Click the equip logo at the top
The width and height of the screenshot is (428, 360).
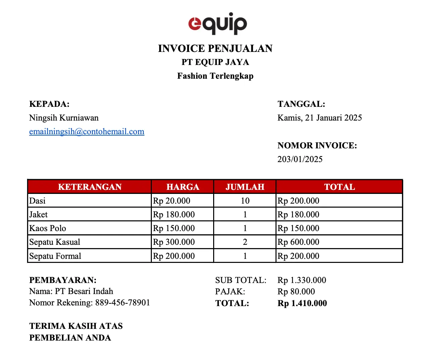pos(218,23)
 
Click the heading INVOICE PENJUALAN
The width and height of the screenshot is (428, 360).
pos(215,49)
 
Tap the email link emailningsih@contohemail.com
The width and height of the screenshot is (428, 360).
pos(86,132)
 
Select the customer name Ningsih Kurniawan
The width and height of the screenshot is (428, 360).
pos(64,118)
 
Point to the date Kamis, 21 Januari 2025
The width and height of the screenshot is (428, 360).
pos(319,118)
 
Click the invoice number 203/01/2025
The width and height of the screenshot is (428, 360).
pos(300,159)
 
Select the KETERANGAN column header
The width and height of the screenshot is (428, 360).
pos(89,187)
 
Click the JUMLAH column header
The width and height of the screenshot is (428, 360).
pos(245,187)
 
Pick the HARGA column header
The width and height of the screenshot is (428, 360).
pos(183,187)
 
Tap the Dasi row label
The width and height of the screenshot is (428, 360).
pos(37,201)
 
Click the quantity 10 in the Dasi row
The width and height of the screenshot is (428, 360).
pos(245,201)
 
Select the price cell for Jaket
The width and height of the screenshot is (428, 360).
pos(174,215)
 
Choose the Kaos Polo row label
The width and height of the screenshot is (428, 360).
pos(48,228)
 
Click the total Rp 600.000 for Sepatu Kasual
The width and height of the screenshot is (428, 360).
pos(298,242)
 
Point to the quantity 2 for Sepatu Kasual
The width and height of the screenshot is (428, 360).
pos(245,242)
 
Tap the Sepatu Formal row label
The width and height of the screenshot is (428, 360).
pos(55,256)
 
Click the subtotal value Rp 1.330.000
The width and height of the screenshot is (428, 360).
pos(302,280)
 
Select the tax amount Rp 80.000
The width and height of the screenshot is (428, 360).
pos(296,292)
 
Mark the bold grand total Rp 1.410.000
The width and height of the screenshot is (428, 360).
pos(302,303)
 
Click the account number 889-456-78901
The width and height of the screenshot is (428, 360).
pos(122,303)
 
